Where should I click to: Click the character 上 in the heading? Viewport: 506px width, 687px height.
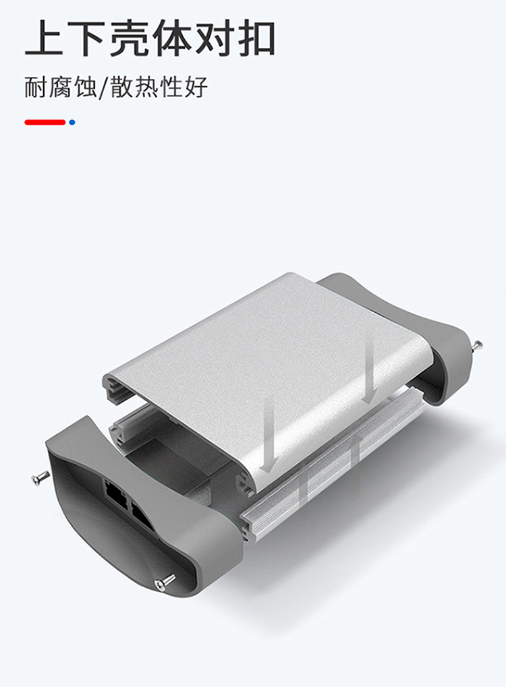click(x=43, y=38)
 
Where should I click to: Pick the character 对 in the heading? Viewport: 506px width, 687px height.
click(x=213, y=38)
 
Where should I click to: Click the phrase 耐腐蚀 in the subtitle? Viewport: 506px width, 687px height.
click(x=60, y=87)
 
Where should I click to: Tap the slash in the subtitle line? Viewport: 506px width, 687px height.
click(x=103, y=88)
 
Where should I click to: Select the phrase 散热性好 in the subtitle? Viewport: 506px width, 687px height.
click(x=159, y=87)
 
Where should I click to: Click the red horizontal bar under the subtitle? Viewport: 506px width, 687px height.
click(x=45, y=122)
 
